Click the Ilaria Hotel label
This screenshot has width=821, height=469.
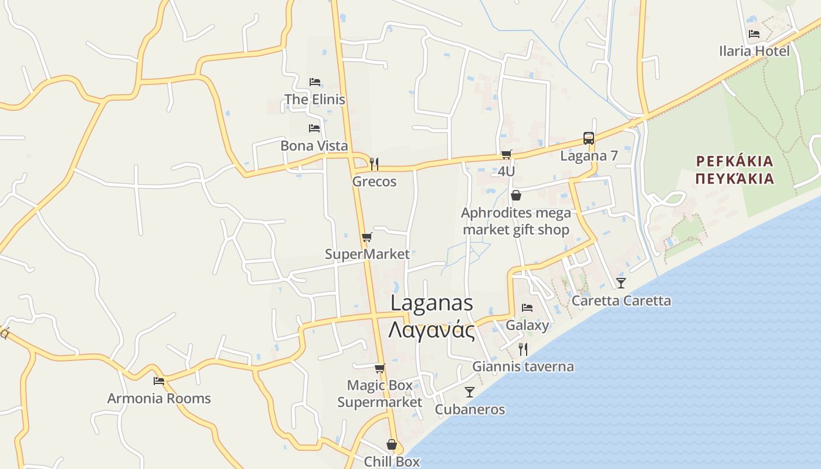click(x=754, y=51)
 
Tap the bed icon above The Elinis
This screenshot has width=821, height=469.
click(x=315, y=81)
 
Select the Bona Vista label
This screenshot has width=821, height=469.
click(x=314, y=145)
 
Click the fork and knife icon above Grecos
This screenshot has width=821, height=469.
click(x=374, y=164)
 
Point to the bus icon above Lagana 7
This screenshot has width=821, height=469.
click(x=589, y=138)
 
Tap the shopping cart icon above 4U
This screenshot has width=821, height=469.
click(x=506, y=154)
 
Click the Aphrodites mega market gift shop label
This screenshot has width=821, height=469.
click(x=515, y=221)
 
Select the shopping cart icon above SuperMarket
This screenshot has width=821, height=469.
click(x=367, y=237)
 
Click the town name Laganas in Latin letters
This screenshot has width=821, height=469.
click(x=431, y=303)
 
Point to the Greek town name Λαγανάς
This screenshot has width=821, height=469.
click(x=431, y=330)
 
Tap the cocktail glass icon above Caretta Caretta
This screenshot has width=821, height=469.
click(x=621, y=283)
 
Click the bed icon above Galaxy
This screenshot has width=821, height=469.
click(x=527, y=308)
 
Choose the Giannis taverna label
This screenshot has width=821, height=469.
click(x=523, y=367)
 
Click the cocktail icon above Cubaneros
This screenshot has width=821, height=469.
click(x=469, y=392)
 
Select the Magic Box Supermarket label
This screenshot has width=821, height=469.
click(x=379, y=394)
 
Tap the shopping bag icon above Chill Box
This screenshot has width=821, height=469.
click(x=391, y=444)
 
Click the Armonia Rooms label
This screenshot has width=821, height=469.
click(x=159, y=399)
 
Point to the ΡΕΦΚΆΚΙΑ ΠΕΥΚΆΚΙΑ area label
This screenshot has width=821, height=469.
click(x=734, y=170)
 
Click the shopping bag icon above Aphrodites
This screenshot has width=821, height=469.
click(x=516, y=195)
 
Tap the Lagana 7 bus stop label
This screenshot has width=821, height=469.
click(x=589, y=156)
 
